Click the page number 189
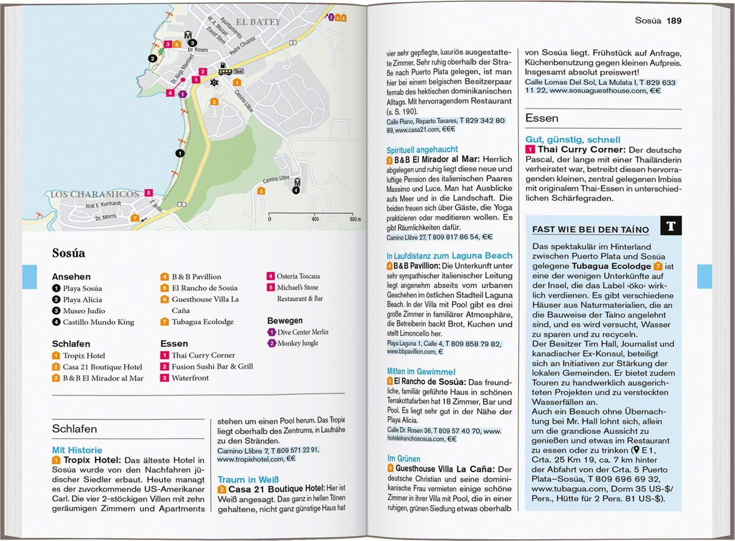(x=674, y=21)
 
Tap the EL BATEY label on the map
(x=258, y=22)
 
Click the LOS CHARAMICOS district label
(x=95, y=194)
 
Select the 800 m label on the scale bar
(x=355, y=219)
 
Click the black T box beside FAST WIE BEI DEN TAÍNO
(x=671, y=226)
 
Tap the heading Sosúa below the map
(x=69, y=253)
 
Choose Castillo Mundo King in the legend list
(x=98, y=322)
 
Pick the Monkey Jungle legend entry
(x=297, y=343)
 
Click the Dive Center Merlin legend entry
(x=302, y=332)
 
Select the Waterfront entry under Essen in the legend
(x=190, y=378)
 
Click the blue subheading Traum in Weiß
(x=248, y=479)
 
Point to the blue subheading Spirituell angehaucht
(x=422, y=150)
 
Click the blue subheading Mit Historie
(x=77, y=450)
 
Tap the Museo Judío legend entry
(x=84, y=310)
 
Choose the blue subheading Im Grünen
(x=404, y=459)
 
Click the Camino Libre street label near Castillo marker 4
(x=276, y=179)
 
